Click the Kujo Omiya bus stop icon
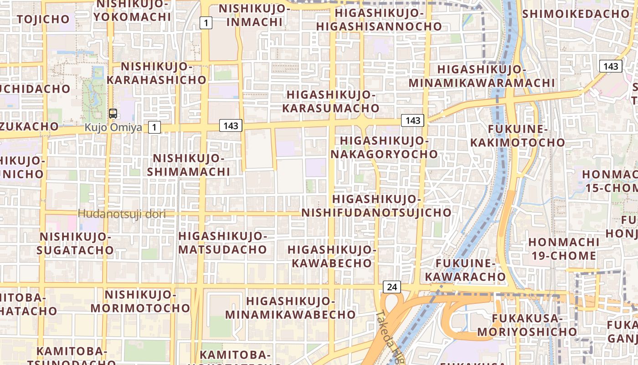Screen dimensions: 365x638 (x=113, y=114)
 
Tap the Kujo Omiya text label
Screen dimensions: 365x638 (x=113, y=127)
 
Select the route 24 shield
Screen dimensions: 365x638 (x=391, y=287)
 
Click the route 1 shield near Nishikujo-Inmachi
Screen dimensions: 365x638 (x=206, y=22)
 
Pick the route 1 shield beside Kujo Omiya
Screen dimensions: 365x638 (x=154, y=127)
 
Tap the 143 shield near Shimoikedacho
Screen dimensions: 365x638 (x=610, y=66)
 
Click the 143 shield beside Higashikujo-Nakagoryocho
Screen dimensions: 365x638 (x=412, y=120)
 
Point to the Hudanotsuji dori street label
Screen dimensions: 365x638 (x=121, y=214)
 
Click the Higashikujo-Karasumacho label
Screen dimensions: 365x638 (x=330, y=101)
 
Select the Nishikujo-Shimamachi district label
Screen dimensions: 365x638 (x=189, y=165)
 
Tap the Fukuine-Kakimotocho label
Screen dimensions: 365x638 (x=517, y=136)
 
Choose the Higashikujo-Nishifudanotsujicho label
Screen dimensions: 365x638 (x=376, y=206)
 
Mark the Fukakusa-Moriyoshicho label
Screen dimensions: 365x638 (x=527, y=325)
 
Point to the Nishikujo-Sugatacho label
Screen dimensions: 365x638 (x=75, y=243)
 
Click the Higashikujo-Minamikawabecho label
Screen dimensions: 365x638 (x=290, y=308)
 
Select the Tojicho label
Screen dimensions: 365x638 (x=43, y=19)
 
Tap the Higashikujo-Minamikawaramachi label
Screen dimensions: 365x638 (x=481, y=76)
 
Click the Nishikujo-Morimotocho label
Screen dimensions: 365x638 (x=140, y=301)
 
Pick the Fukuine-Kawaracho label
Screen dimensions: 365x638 (x=465, y=270)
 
